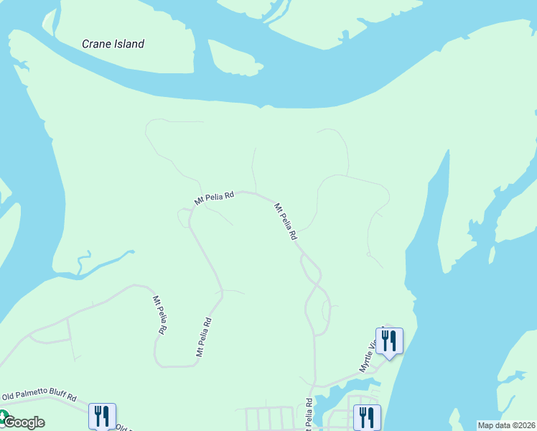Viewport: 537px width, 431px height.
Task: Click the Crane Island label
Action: click(113, 44)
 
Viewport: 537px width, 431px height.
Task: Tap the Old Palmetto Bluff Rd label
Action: click(39, 395)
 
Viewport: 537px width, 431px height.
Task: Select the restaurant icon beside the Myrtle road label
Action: click(389, 340)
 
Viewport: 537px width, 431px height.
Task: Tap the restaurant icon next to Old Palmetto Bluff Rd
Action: click(101, 416)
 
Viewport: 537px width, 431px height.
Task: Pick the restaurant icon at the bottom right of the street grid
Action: click(366, 417)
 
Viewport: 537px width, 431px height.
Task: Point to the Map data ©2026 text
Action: click(505, 425)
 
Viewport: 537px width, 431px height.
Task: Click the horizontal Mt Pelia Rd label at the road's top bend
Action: click(214, 196)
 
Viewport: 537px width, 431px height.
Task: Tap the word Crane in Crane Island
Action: click(96, 44)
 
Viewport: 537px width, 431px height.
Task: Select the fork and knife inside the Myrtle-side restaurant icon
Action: click(389, 339)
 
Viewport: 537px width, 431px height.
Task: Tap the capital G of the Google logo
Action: click(9, 422)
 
